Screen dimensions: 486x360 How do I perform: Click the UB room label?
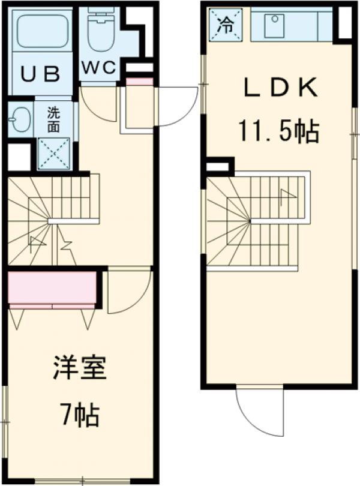(x=41, y=74)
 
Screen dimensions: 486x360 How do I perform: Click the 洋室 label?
(x=79, y=368)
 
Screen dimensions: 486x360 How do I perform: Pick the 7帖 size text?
(x=79, y=413)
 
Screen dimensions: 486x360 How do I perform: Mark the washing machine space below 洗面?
(x=53, y=154)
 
